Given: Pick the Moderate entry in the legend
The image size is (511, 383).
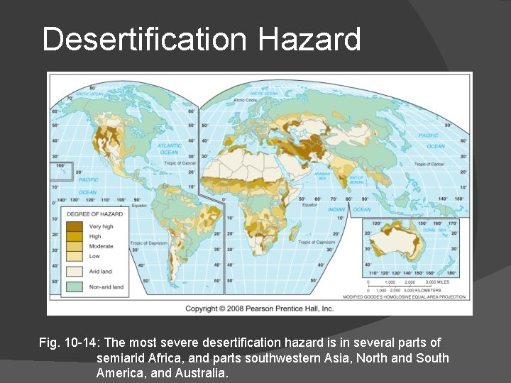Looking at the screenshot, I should click(x=96, y=246).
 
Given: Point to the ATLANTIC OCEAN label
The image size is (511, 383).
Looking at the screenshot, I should click(x=169, y=149).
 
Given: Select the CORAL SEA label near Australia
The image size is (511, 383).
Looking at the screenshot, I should click(x=434, y=230).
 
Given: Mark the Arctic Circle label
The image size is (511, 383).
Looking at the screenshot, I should click(x=277, y=101).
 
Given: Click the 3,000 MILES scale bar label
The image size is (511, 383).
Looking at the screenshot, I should click(x=439, y=282).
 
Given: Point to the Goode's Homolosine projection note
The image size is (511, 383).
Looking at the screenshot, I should click(x=405, y=296).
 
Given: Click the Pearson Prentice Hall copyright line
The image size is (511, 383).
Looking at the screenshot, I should click(x=259, y=309).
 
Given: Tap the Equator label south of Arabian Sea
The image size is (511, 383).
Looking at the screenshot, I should click(x=309, y=205).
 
